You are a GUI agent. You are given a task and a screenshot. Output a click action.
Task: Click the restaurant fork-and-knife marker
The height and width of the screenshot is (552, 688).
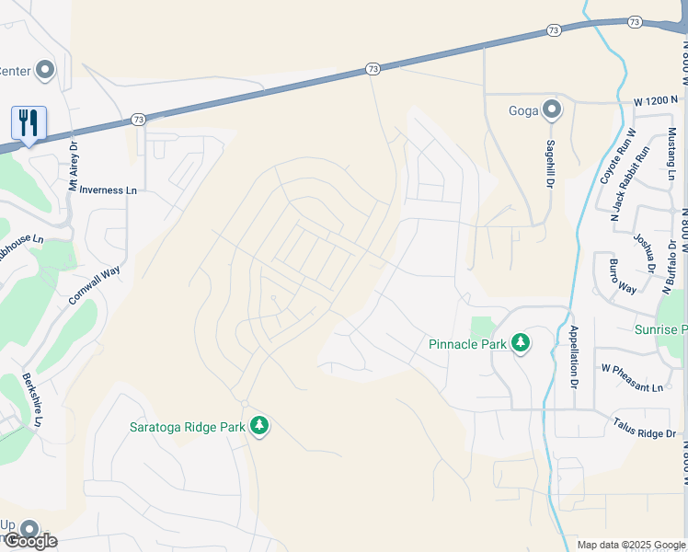pos(29,122)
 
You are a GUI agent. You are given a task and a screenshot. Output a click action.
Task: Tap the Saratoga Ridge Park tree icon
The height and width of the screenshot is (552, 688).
pos(260,425)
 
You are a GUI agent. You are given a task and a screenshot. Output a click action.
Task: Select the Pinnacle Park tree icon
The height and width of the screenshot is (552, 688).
pos(521,342)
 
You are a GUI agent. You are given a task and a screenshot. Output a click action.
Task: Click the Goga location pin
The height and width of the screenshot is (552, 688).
pos(551,110)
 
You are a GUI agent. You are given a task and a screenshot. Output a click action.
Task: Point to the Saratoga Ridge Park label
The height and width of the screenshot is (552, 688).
pos(187,427)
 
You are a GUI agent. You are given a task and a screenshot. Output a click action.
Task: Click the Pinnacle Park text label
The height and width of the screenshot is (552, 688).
pos(467,345)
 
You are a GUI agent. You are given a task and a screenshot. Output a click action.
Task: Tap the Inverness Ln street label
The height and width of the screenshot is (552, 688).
pos(108,190)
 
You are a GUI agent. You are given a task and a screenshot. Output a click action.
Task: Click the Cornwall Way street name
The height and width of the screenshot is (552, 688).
pos(95,285)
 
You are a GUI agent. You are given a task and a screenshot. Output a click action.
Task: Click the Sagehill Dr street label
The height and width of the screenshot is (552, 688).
pos(552,164)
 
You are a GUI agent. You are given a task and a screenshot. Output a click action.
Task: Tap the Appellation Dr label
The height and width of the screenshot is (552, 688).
pos(573,354)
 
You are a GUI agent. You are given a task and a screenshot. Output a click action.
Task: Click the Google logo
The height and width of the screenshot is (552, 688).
pos(30,541)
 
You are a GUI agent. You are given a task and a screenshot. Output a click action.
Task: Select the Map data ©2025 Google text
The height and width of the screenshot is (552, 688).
pos(631,545)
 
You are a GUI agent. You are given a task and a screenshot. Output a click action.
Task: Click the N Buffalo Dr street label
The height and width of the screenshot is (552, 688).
pos(672,260)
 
